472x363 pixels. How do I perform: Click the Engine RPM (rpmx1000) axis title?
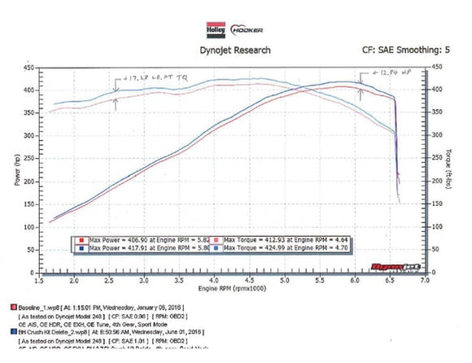point(231,289)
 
